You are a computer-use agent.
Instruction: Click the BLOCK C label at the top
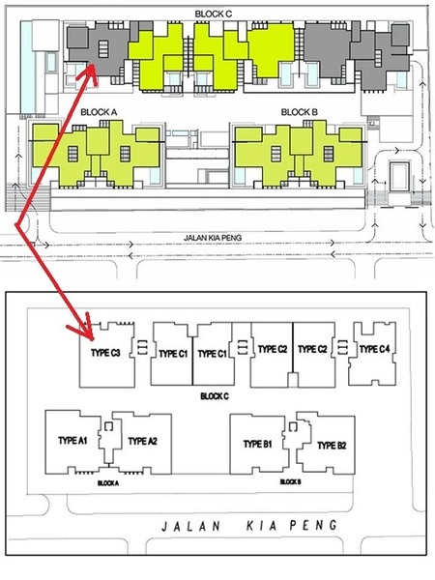214,14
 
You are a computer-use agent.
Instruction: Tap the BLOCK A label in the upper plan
99,112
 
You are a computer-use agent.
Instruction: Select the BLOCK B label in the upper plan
300,112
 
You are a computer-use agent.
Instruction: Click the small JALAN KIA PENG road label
213,238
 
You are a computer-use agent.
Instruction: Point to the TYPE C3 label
105,353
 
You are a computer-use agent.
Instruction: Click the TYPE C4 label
374,349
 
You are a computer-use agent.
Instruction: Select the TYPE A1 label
72,440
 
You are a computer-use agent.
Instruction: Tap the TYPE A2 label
143,441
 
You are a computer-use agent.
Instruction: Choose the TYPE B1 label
258,444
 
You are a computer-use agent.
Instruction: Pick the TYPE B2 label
332,446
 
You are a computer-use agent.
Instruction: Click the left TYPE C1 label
173,354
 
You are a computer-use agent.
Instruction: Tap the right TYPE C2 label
312,349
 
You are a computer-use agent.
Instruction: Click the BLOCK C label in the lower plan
215,396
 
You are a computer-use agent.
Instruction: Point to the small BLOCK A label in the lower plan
108,483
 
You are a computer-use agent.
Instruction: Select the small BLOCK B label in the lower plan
290,481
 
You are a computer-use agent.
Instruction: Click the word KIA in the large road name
262,526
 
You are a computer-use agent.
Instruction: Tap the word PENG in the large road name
313,525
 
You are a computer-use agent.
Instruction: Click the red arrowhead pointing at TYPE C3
83,327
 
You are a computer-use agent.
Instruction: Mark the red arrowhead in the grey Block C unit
90,72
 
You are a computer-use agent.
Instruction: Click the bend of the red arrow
16,224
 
